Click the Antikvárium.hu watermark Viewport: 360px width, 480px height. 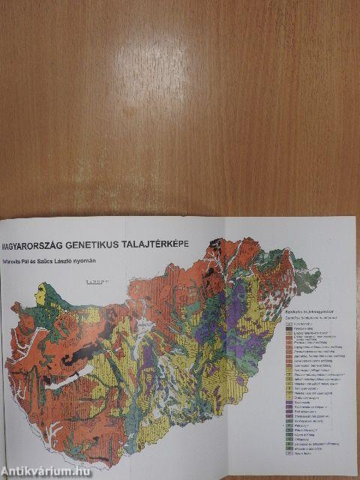[46, 472]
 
